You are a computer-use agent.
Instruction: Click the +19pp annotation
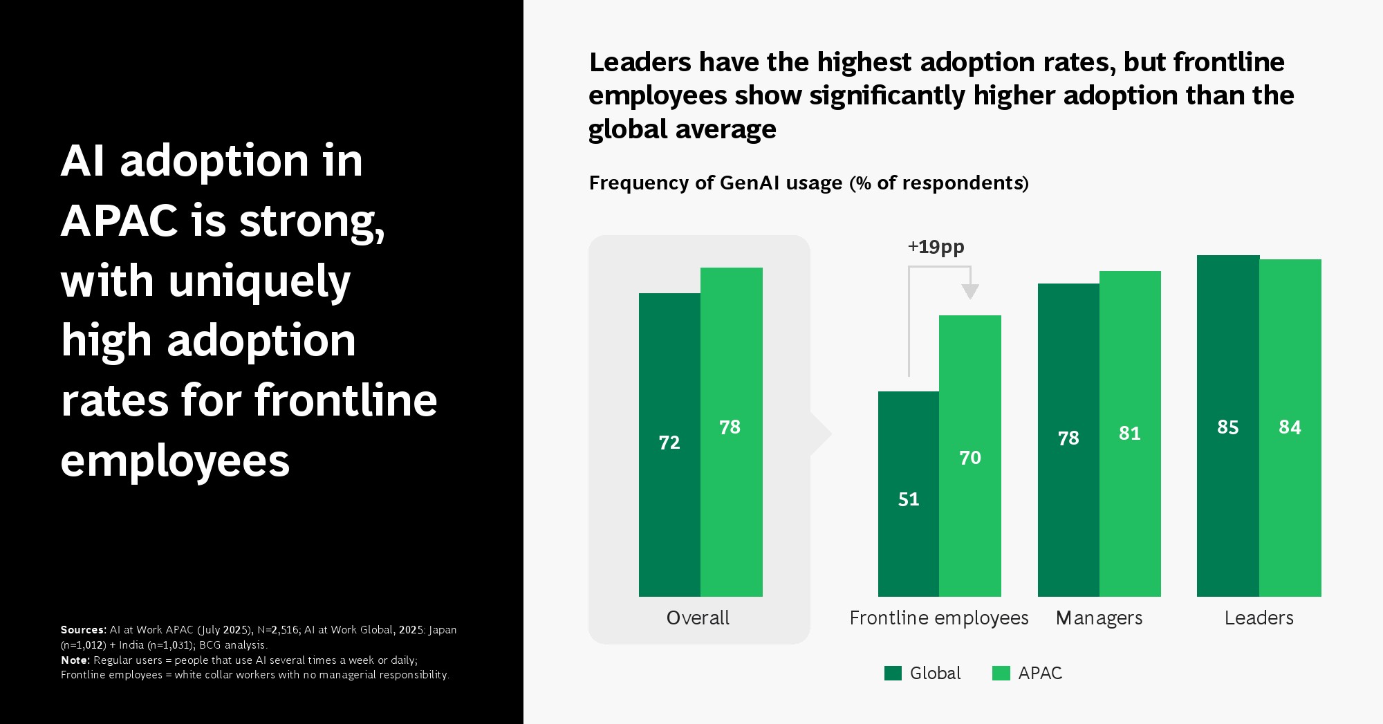(x=936, y=247)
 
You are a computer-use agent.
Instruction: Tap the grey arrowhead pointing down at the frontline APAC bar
(x=970, y=291)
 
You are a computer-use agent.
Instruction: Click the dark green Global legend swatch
(x=893, y=674)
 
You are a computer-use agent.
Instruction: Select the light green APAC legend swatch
(x=1001, y=674)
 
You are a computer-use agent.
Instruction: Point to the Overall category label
(x=698, y=618)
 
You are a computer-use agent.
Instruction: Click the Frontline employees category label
(x=938, y=618)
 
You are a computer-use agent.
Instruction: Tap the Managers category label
(x=1099, y=618)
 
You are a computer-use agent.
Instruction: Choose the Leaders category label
(x=1259, y=618)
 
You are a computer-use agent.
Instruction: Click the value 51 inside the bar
(x=909, y=499)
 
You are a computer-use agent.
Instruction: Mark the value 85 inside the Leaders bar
(x=1228, y=427)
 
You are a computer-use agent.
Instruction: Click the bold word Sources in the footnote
(x=83, y=630)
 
